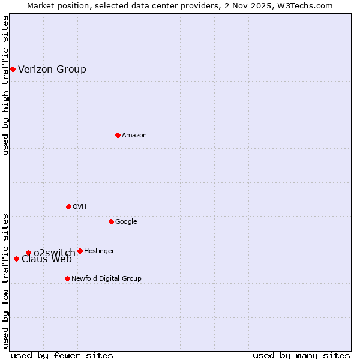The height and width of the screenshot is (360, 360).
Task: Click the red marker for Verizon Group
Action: coord(13,69)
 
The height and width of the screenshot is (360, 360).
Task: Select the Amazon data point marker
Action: coord(118,135)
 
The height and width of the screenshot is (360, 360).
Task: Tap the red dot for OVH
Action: coord(68,206)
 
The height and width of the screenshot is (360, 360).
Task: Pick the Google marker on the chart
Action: coord(111,221)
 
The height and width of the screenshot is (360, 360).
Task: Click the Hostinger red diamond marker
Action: coord(80,251)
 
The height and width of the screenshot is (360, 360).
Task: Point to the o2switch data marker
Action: coord(28,253)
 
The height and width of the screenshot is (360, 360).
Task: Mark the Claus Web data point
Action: coord(16,259)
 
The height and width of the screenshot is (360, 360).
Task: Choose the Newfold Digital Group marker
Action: coord(67,278)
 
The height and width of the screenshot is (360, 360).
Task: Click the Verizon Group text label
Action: coord(52,69)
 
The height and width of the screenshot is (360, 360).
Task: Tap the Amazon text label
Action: coord(134,135)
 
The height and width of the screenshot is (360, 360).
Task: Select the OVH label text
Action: coord(80,206)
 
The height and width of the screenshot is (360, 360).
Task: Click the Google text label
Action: coord(126,221)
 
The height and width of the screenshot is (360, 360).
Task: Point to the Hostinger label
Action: coord(99,251)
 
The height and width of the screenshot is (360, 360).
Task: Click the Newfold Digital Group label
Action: coord(106,278)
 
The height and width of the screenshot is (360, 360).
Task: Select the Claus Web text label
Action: coord(47,260)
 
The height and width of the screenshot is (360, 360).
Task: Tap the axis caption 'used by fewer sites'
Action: coord(62,355)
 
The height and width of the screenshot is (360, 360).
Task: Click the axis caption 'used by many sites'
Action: coord(301,355)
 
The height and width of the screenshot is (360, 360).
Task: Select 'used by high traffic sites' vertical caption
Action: coord(5,85)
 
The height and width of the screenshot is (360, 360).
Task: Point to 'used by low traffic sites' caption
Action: coord(5,280)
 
